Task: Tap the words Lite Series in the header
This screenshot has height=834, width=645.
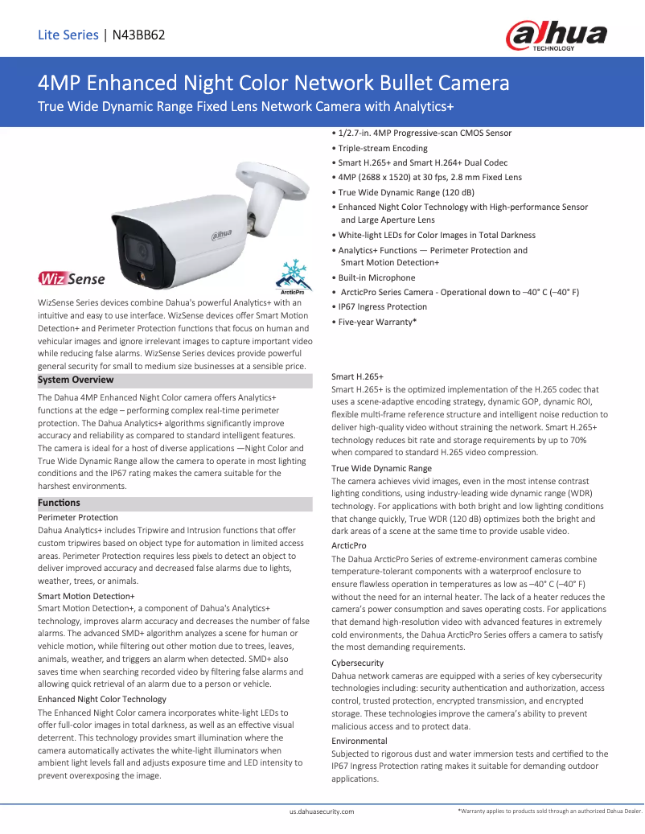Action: point(68,35)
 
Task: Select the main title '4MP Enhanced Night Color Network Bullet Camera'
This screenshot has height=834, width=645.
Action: point(273,83)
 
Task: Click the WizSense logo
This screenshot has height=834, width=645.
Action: point(72,278)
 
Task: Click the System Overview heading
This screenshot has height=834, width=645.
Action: point(76,380)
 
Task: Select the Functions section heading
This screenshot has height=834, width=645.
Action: point(60,503)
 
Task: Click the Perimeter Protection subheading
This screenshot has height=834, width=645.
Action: point(78,517)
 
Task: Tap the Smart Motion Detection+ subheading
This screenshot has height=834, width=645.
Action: point(86,596)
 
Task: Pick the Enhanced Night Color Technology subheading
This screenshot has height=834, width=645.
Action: point(102,699)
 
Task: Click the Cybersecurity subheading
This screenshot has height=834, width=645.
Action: point(358,663)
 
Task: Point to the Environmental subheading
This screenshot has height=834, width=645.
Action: point(359,741)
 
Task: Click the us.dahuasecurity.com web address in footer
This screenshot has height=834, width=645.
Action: point(322,812)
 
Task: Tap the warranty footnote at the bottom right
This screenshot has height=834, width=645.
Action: point(550,812)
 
